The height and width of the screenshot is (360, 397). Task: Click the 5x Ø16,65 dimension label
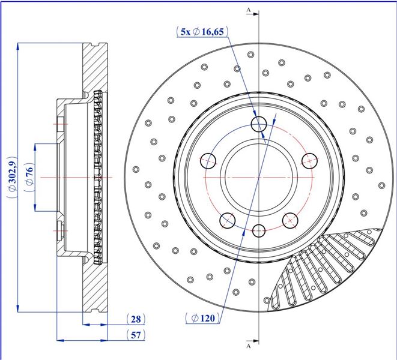pyautogui.click(x=202, y=32)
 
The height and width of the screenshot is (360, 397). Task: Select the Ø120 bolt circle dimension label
pyautogui.click(x=203, y=318)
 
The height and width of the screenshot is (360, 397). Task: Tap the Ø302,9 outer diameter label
pyautogui.click(x=13, y=177)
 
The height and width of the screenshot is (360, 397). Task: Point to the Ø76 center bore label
pyautogui.click(x=29, y=177)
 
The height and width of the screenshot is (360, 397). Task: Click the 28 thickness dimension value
pyautogui.click(x=136, y=319)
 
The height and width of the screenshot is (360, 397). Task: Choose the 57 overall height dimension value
pyautogui.click(x=136, y=335)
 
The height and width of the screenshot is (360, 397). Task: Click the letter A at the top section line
pyautogui.click(x=249, y=10)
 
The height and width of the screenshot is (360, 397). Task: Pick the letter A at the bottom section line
pyautogui.click(x=249, y=346)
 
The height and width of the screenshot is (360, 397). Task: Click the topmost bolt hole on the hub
pyautogui.click(x=259, y=124)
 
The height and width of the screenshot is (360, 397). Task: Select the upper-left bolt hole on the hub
pyautogui.click(x=208, y=161)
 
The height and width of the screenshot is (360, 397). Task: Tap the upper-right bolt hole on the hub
pyautogui.click(x=310, y=161)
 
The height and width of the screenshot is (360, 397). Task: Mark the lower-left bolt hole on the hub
pyautogui.click(x=228, y=220)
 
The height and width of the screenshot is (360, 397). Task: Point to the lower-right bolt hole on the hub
pyautogui.click(x=290, y=220)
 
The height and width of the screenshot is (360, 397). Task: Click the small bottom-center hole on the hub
pyautogui.click(x=259, y=230)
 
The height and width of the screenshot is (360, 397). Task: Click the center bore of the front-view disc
pyautogui.click(x=259, y=177)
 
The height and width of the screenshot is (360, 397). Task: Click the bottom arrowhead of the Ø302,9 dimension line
pyautogui.click(x=17, y=308)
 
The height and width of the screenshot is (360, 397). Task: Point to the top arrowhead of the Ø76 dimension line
pyautogui.click(x=35, y=148)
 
